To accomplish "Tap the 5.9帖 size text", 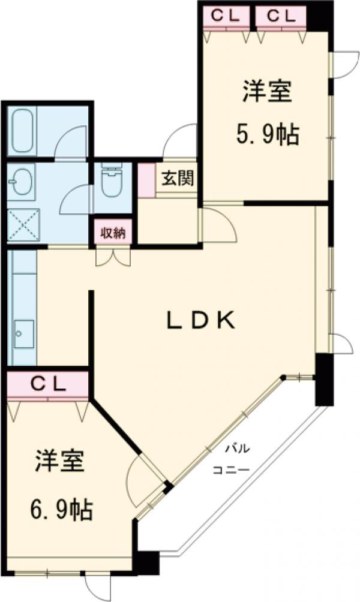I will click(x=266, y=136).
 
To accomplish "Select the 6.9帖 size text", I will click(x=61, y=510).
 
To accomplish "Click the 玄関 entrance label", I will click(x=176, y=178).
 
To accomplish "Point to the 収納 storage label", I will click(x=113, y=233).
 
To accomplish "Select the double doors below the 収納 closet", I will click(x=113, y=257).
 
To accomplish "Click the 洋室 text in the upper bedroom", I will click(x=266, y=94).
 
